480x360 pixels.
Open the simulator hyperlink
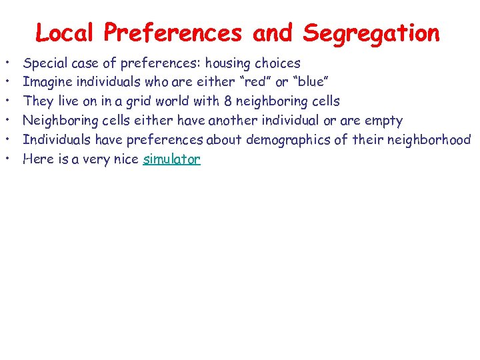pos(171,159)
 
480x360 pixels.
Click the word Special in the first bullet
pos(45,63)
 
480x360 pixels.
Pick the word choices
pos(279,63)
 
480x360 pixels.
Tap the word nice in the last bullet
pos(125,159)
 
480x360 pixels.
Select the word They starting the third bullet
pos(37,102)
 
